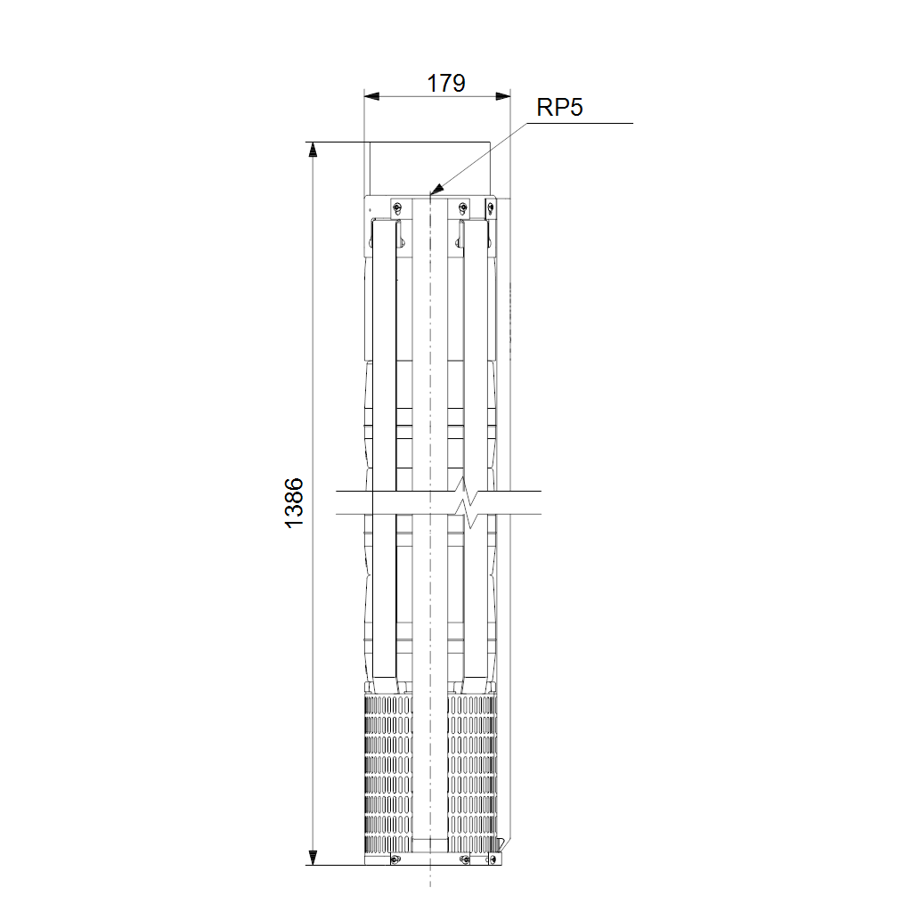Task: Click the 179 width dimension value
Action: point(446,84)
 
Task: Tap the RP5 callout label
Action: point(559,108)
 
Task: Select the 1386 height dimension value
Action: point(294,503)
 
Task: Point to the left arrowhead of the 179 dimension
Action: point(371,96)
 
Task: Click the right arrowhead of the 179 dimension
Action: point(503,96)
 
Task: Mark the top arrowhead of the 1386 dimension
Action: point(313,150)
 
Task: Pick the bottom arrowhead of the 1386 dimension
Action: point(313,858)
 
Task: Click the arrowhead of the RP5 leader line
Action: point(436,188)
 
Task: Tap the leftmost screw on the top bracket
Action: point(396,207)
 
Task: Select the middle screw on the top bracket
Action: point(463,207)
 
